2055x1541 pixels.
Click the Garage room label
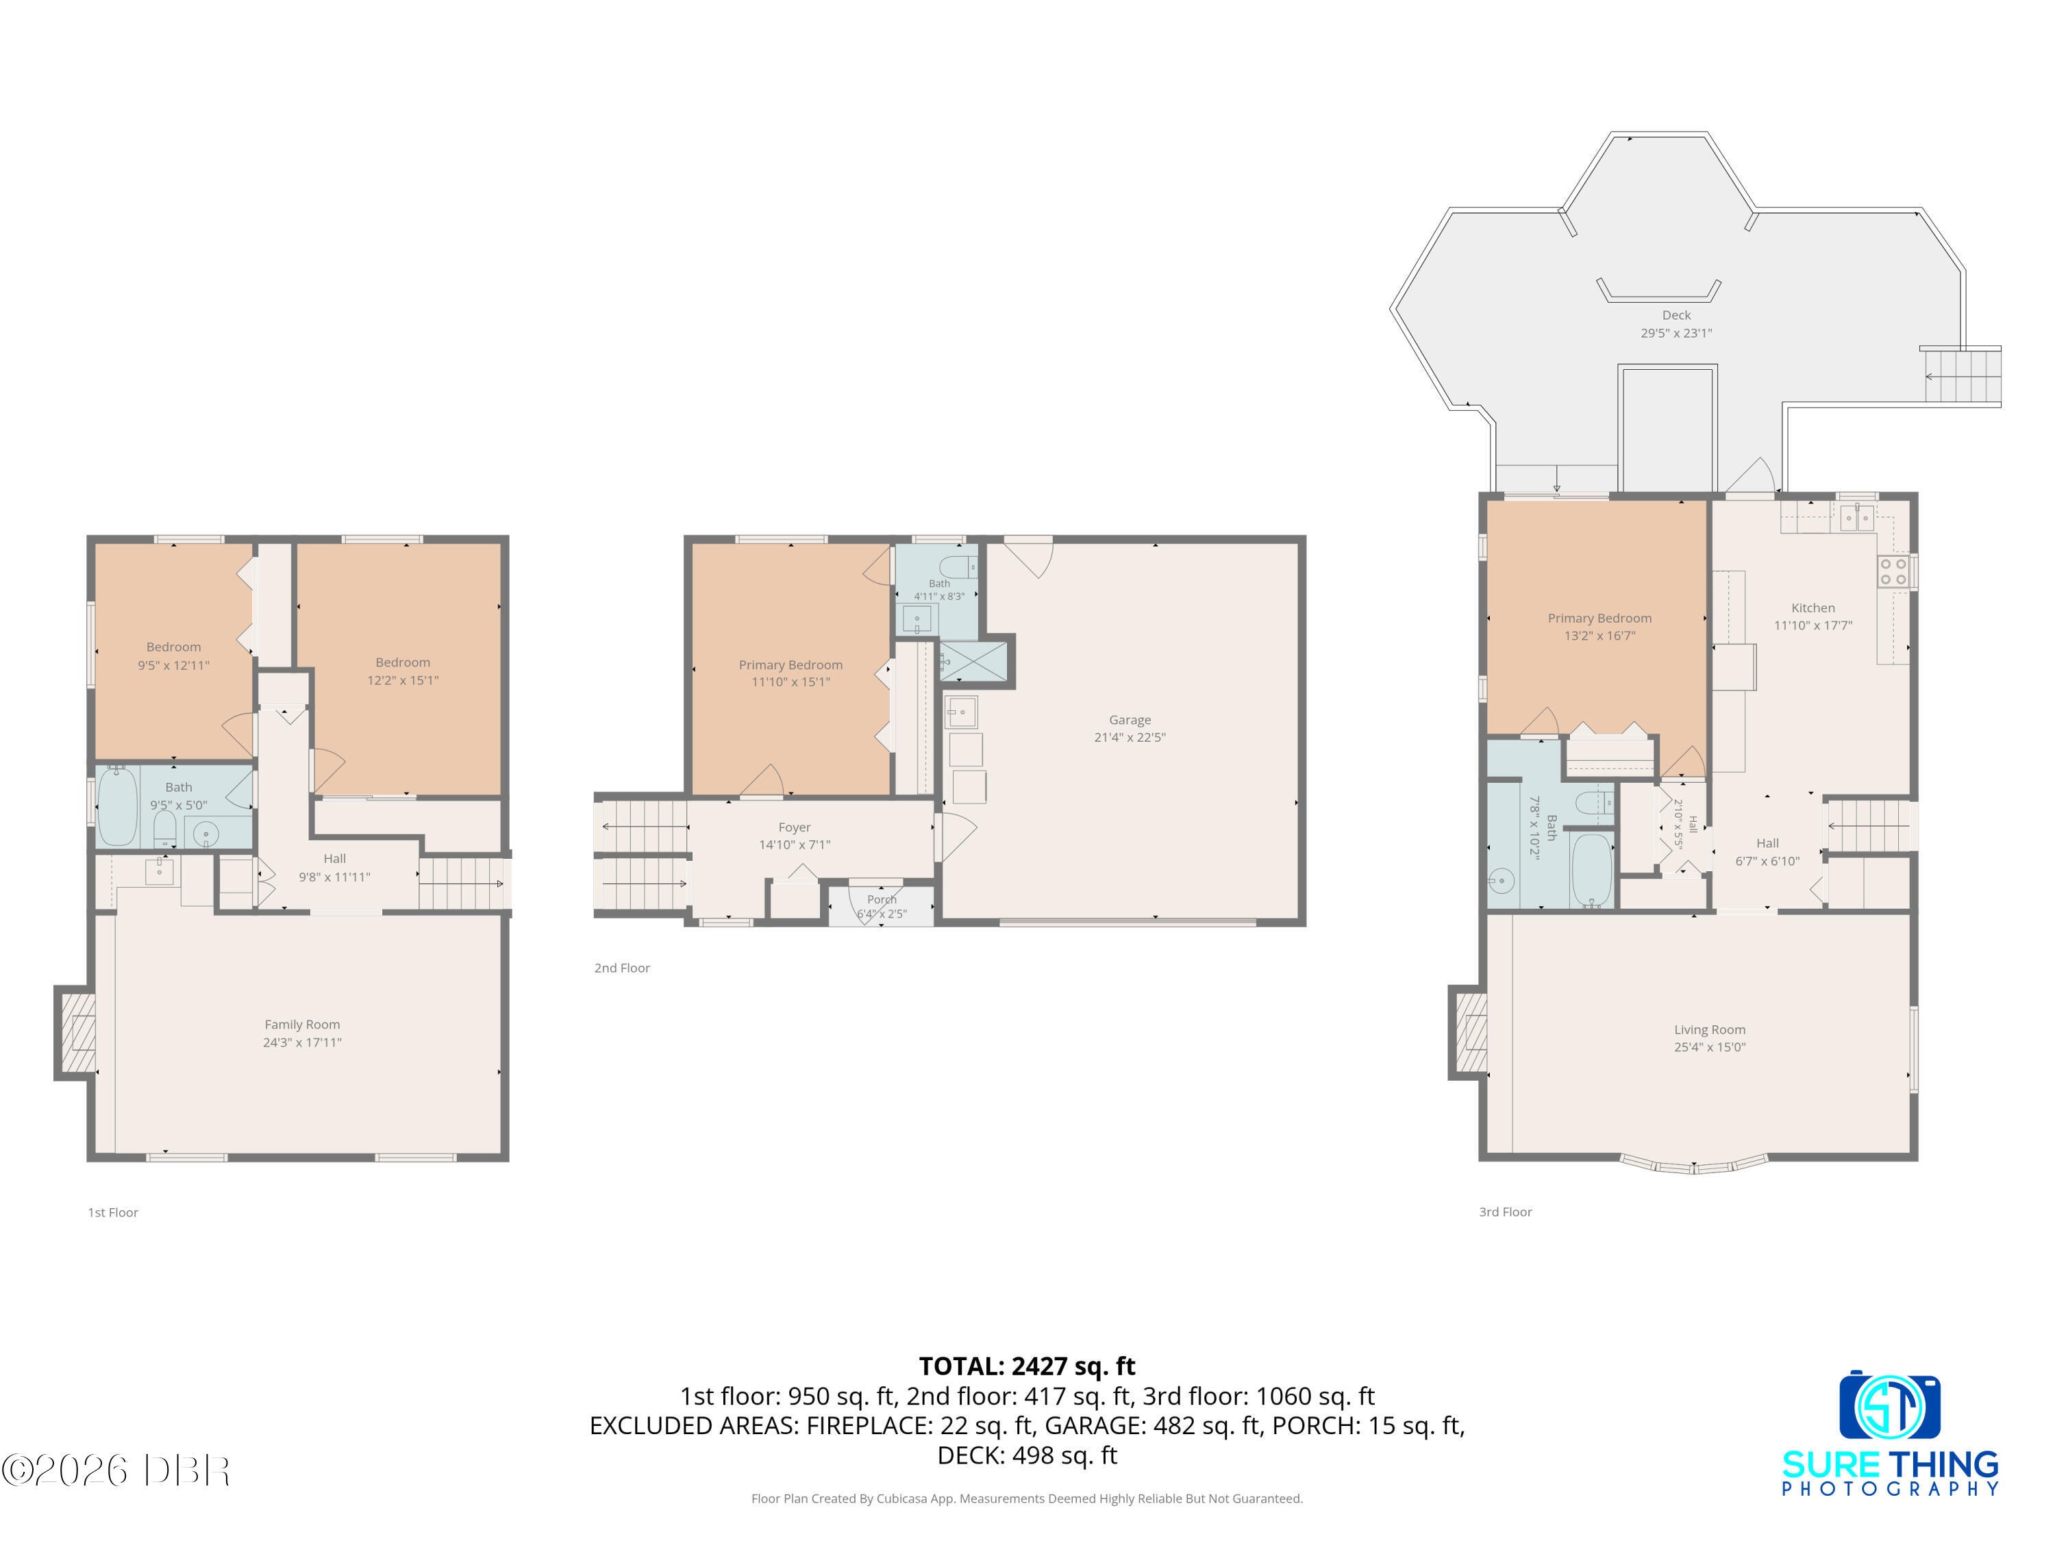(1130, 720)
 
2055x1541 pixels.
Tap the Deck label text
(1676, 316)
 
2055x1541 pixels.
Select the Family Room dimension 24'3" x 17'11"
(302, 1042)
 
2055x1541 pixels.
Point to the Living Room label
(1709, 1029)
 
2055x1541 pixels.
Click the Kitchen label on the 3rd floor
(1813, 607)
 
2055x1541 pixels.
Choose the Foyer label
(795, 827)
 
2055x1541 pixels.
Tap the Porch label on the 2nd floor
(882, 899)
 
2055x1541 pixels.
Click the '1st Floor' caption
(112, 1212)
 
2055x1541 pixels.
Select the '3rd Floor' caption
(1505, 1212)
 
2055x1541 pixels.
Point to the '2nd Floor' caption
(621, 968)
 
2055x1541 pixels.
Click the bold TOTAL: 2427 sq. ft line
(1027, 1366)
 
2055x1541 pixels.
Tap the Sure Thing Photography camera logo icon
(1890, 1405)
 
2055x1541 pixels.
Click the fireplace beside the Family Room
(76, 1033)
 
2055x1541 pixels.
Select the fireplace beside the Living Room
(1469, 1032)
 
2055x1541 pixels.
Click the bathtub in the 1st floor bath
(117, 806)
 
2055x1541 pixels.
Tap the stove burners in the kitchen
(1893, 571)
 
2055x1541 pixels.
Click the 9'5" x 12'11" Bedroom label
(174, 656)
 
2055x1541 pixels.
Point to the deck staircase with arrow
(1960, 376)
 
